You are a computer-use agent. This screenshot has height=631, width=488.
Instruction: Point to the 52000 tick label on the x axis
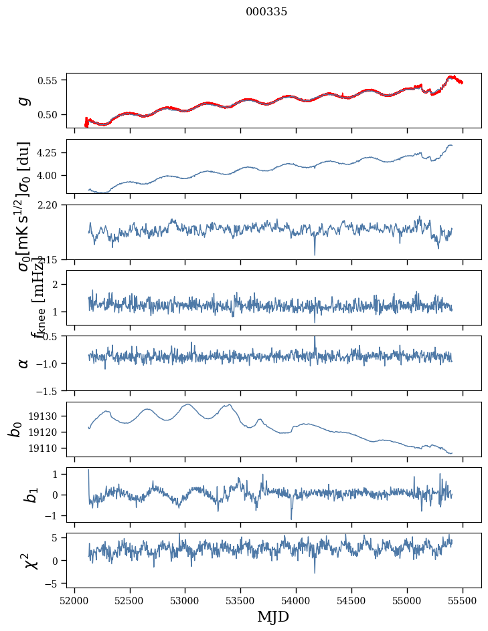[74, 601]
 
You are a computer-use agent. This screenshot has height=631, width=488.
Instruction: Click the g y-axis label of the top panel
[24, 100]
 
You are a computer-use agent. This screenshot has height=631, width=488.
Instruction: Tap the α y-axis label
[24, 363]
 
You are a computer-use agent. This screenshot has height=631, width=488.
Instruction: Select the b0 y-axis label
[15, 428]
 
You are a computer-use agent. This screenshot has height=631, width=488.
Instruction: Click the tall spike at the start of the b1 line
[88, 471]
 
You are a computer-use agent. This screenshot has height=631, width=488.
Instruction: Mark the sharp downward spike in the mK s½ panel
[315, 254]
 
